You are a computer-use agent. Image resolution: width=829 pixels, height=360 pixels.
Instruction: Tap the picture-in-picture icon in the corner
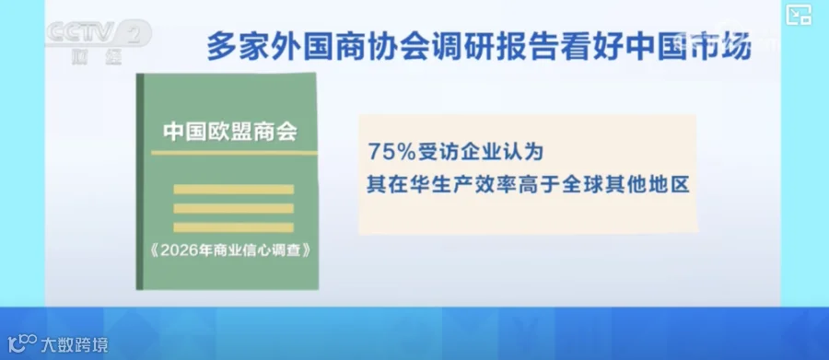[x=799, y=16]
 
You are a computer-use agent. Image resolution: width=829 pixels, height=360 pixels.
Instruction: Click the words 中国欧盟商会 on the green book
[x=230, y=133]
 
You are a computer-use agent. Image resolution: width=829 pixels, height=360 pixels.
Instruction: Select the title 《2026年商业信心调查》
[x=228, y=250]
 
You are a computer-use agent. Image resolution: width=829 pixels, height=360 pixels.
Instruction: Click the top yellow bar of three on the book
[x=233, y=190]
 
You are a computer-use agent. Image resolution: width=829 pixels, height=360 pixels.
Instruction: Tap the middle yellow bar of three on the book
[x=233, y=208]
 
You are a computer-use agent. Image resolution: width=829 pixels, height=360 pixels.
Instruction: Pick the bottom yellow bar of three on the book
[x=233, y=227]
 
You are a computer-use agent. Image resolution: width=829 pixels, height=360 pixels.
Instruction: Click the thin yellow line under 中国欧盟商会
[x=234, y=154]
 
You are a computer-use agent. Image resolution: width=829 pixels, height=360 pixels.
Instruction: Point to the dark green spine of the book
[x=140, y=181]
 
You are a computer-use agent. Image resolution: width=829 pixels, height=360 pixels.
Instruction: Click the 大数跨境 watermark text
[x=75, y=345]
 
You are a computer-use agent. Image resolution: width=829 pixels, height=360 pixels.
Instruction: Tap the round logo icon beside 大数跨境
[x=22, y=344]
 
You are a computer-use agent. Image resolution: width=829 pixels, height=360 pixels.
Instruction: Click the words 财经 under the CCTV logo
[x=97, y=56]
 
